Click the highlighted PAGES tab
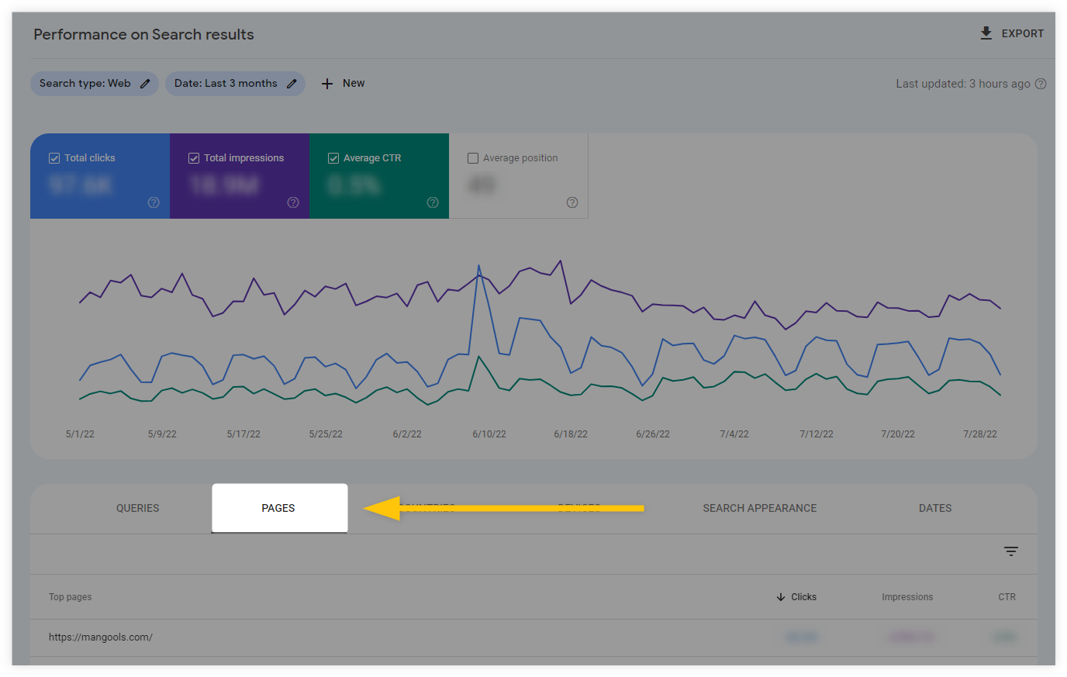(278, 508)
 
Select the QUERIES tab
(137, 508)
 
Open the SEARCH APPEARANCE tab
(759, 508)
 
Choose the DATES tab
(934, 508)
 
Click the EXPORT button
(1012, 33)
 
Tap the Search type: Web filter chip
(94, 84)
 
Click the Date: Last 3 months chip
(234, 84)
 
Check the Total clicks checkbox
(54, 158)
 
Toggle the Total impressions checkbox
(194, 158)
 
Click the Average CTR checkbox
(333, 158)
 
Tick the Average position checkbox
(473, 158)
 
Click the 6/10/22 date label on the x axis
(489, 434)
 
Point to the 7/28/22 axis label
(979, 434)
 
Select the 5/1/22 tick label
(80, 434)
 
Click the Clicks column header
(803, 597)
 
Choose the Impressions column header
(906, 597)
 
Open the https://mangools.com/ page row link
(101, 637)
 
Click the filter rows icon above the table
(1010, 551)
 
